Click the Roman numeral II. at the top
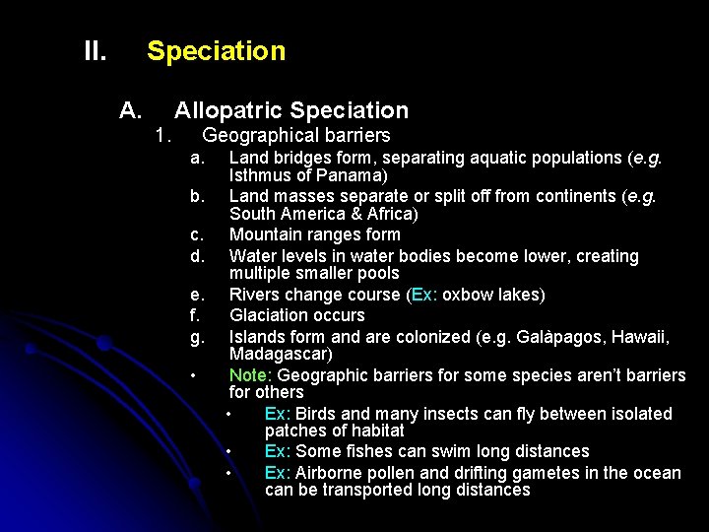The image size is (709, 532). coord(95,51)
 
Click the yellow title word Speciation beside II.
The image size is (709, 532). coord(216,51)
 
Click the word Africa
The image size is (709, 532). coord(388,214)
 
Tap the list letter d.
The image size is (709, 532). coord(197,256)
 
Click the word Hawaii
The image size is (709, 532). coord(639,337)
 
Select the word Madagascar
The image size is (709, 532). coord(279,354)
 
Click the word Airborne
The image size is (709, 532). coord(331,473)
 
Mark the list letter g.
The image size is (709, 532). coord(197,337)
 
